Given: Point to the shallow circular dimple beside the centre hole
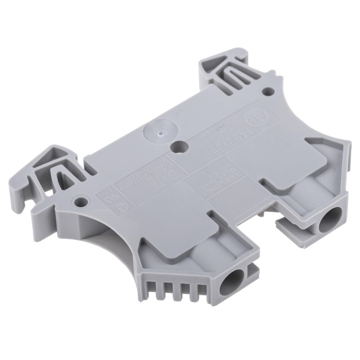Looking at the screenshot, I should click(158, 132).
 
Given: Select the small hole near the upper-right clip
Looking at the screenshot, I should click(269, 91).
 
